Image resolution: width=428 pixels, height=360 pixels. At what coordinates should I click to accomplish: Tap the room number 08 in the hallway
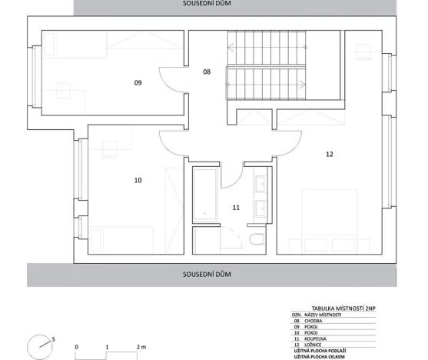[x=206, y=72]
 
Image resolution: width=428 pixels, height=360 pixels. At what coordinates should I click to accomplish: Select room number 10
[x=138, y=181]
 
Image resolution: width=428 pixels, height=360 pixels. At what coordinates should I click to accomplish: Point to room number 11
[x=236, y=207]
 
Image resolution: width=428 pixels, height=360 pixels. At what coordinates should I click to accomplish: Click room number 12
[x=330, y=154]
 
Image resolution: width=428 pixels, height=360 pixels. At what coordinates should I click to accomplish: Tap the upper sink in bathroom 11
[x=259, y=185]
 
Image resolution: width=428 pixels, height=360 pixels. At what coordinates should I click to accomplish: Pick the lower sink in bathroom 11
[x=259, y=208]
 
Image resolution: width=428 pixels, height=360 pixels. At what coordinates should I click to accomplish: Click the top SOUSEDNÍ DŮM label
[x=207, y=4]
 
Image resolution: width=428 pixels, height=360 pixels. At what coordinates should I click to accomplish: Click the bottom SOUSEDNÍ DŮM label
[x=207, y=273]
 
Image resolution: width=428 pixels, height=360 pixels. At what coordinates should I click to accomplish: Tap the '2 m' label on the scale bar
[x=141, y=348]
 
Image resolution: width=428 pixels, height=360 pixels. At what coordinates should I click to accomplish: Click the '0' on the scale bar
[x=76, y=348]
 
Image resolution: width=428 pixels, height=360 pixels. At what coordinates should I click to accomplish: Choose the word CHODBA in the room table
[x=316, y=320]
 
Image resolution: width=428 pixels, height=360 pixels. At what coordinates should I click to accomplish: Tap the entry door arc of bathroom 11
[x=231, y=176]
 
